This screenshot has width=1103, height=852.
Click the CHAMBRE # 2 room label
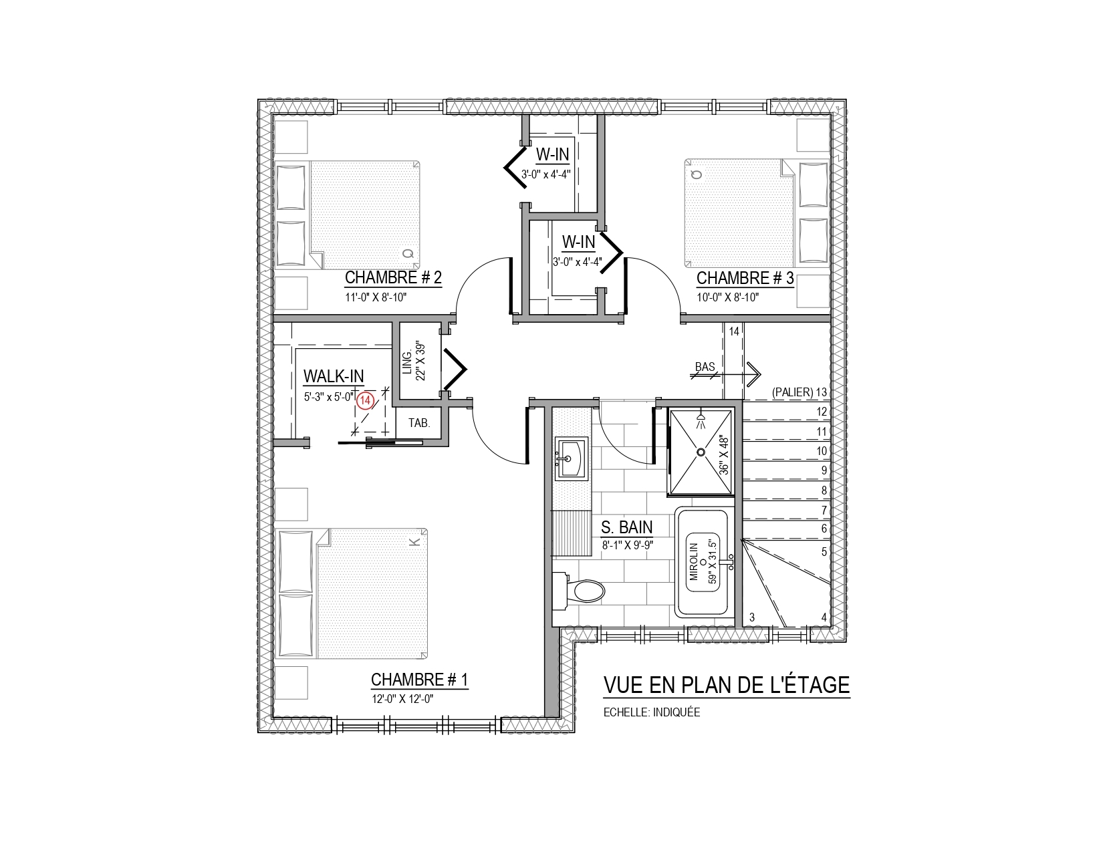[393, 278]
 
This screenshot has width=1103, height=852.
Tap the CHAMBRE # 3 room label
[745, 278]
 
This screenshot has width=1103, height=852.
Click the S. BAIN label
[626, 527]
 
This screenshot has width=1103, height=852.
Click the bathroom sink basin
[572, 458]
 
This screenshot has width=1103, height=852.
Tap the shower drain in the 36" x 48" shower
[701, 452]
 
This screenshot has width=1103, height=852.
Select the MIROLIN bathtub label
[694, 562]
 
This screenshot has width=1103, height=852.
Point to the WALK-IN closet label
[334, 376]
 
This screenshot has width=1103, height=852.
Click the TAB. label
[419, 423]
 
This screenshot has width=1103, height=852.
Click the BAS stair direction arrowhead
[755, 375]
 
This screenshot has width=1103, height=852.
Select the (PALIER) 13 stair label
[800, 392]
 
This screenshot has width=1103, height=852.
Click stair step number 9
[824, 470]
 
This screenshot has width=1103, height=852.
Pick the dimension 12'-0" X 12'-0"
[402, 699]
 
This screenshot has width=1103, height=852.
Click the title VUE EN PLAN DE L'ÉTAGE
[727, 684]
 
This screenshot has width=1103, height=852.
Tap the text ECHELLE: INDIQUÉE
[652, 712]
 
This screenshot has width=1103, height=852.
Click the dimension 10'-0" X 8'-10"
[727, 297]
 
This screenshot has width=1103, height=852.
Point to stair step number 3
[752, 617]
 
